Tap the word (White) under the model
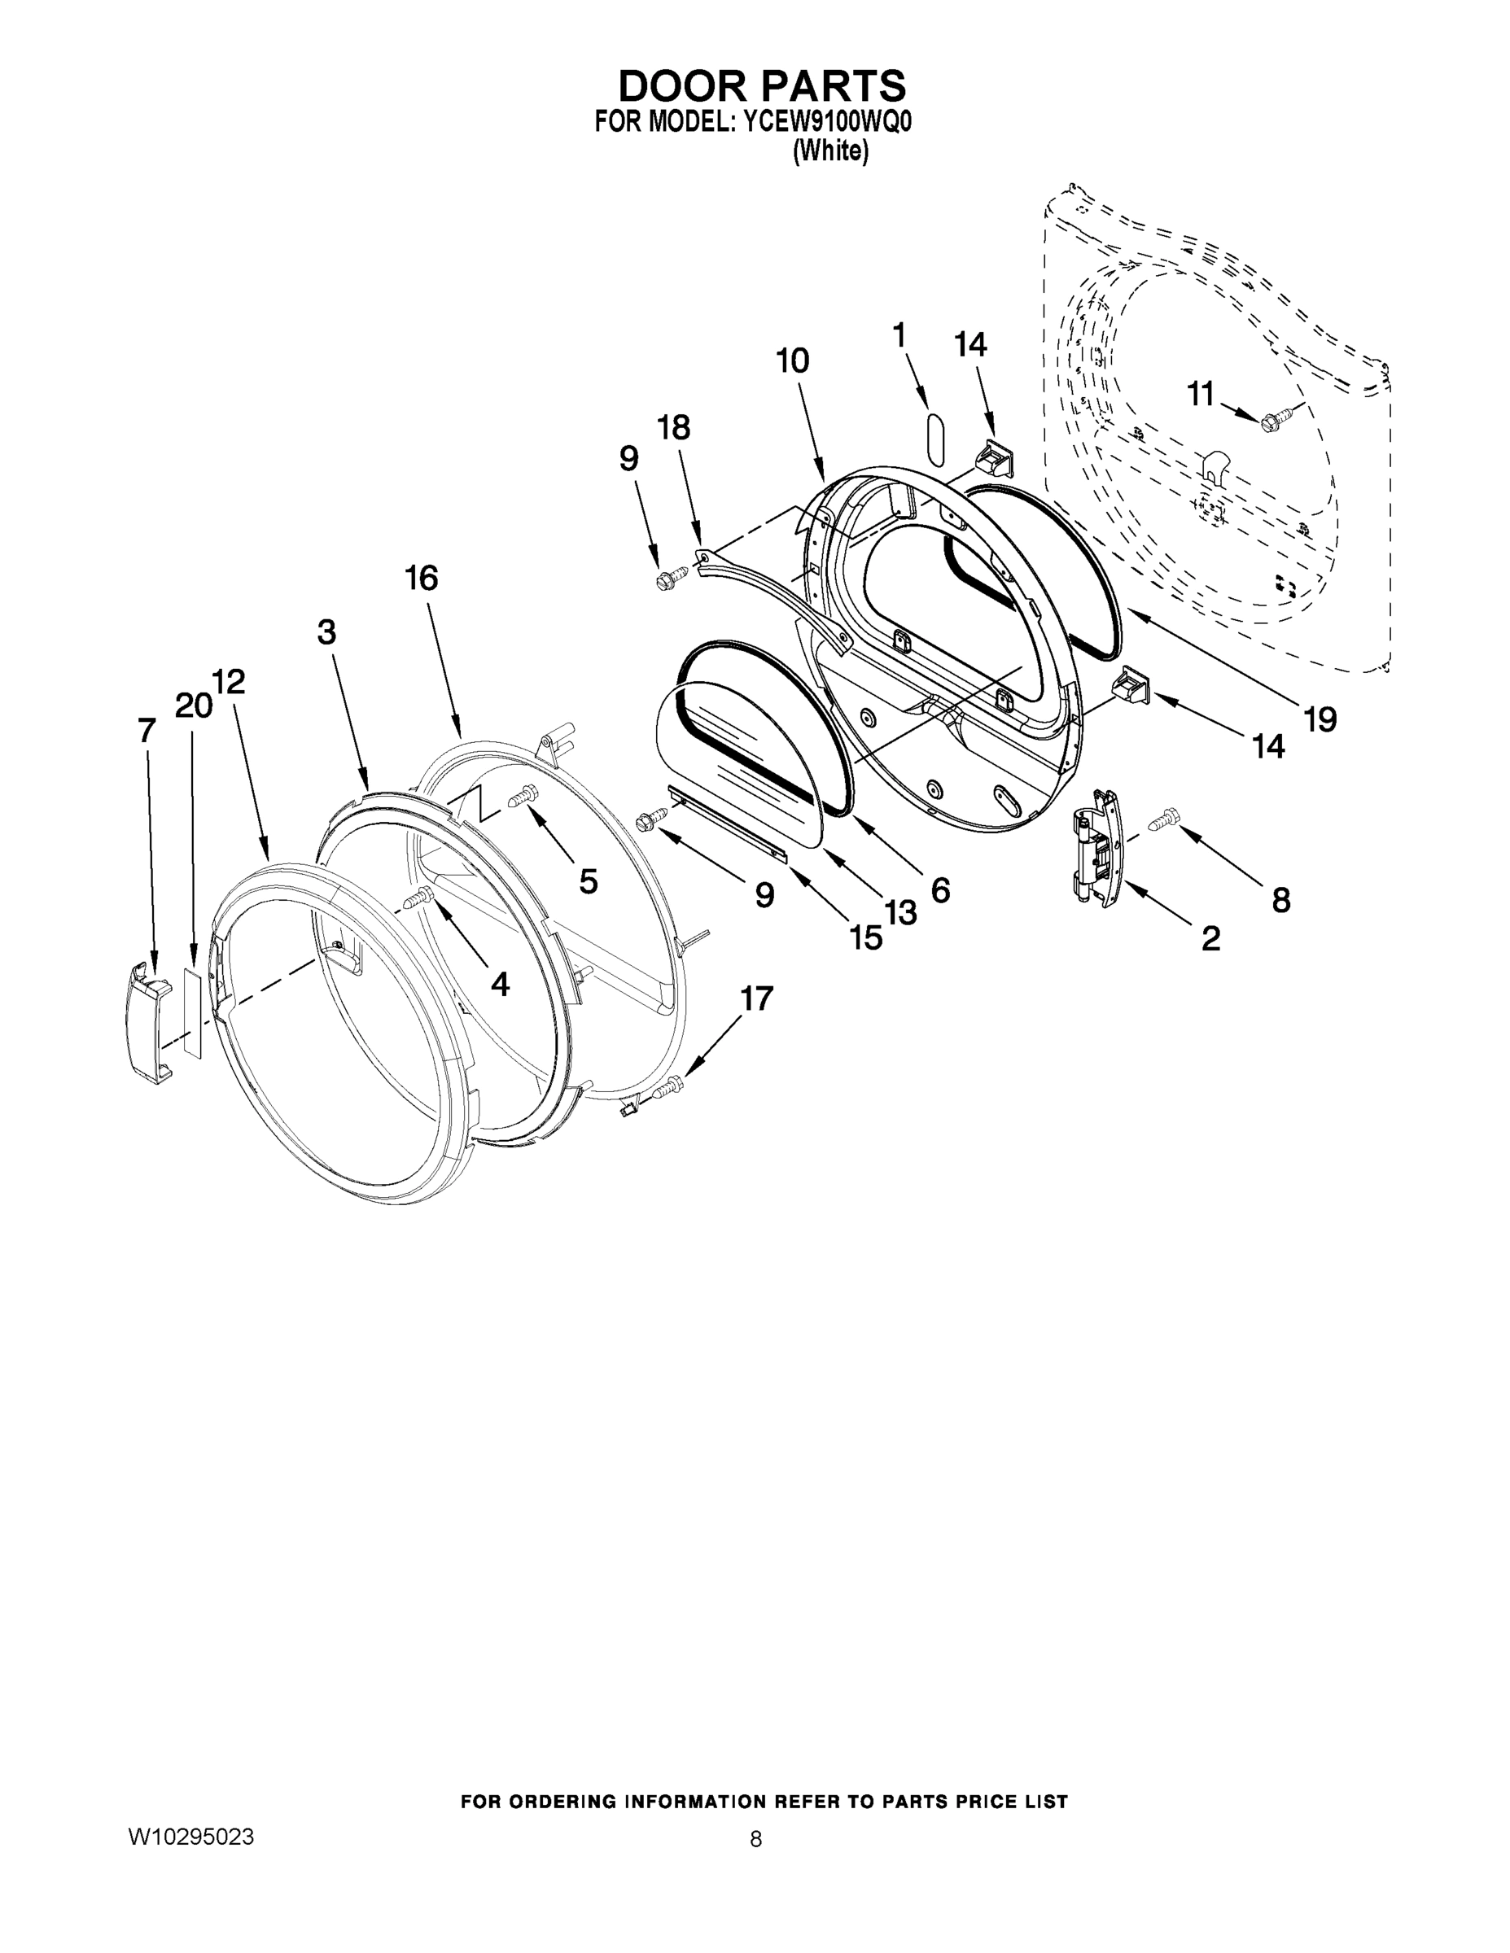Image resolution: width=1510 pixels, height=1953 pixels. (x=830, y=151)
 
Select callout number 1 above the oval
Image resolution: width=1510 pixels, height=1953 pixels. (x=899, y=335)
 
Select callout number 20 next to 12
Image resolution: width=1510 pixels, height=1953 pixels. (x=192, y=706)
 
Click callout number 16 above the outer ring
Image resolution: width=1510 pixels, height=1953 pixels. (x=422, y=579)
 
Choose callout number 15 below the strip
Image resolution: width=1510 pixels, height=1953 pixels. (x=866, y=937)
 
